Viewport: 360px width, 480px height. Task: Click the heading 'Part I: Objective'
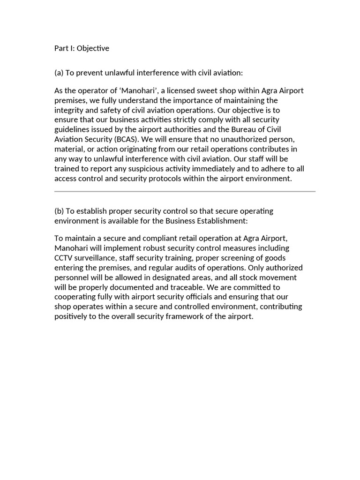coord(82,48)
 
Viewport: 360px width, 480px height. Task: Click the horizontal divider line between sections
coord(185,191)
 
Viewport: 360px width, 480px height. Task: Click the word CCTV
coord(63,258)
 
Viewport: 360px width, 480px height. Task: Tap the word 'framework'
coord(183,316)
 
